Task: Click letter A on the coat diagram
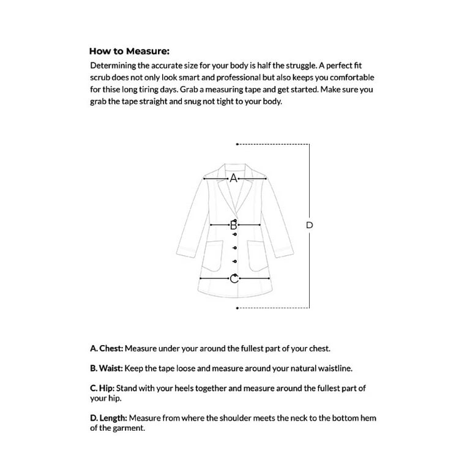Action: pyautogui.click(x=233, y=179)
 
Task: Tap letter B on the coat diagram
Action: pyautogui.click(x=233, y=225)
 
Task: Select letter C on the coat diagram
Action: pyautogui.click(x=233, y=279)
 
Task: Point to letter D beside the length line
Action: pyautogui.click(x=309, y=225)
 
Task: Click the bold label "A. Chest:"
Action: pyautogui.click(x=107, y=348)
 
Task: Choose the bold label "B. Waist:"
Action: pyautogui.click(x=107, y=368)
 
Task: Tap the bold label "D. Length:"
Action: pyautogui.click(x=109, y=418)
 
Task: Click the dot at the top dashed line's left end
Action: pyautogui.click(x=237, y=144)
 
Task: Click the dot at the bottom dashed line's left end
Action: pyautogui.click(x=237, y=308)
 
